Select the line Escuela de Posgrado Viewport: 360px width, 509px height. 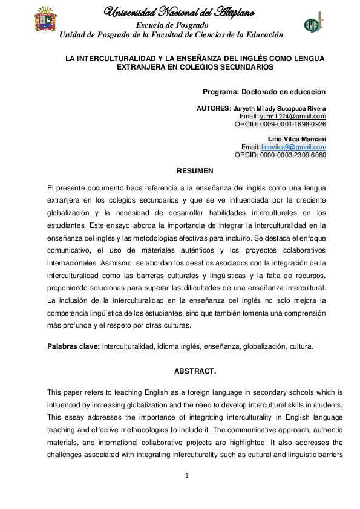click(172, 25)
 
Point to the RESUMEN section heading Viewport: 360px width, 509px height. click(191, 171)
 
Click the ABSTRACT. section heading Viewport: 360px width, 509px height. click(191, 369)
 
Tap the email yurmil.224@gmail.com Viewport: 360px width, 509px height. click(293, 116)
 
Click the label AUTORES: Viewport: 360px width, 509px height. click(214, 108)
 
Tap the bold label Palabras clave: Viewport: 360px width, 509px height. click(73, 347)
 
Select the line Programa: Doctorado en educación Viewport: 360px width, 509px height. click(264, 92)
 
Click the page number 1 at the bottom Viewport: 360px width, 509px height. click(187, 476)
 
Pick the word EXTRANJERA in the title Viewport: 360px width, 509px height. click(140, 68)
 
